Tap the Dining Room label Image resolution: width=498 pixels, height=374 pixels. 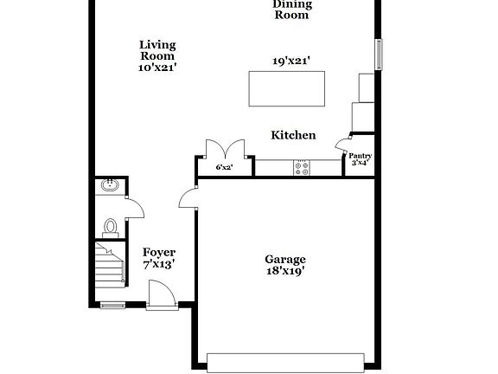pos(292,10)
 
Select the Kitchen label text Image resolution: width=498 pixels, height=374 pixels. pos(293,135)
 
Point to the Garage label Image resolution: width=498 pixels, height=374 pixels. pos(284,259)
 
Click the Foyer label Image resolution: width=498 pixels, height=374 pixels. pos(159,252)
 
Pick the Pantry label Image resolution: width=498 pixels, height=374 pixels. pos(360,156)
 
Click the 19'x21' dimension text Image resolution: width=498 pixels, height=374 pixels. pos(291,61)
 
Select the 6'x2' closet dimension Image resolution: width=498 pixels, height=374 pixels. pos(225,167)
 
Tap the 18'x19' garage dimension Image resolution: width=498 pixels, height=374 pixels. pos(284,271)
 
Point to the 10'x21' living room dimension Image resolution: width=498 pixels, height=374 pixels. pos(158,68)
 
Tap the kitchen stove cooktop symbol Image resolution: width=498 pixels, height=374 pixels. pos(302,167)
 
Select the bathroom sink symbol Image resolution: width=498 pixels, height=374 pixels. pos(110,184)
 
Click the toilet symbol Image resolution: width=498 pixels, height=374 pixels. pos(110,227)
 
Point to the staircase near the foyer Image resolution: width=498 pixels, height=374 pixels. pos(109,268)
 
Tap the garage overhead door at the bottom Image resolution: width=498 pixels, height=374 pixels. pos(285,361)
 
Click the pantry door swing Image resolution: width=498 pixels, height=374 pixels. pos(343,144)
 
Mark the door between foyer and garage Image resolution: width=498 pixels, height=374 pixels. pos(188,199)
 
